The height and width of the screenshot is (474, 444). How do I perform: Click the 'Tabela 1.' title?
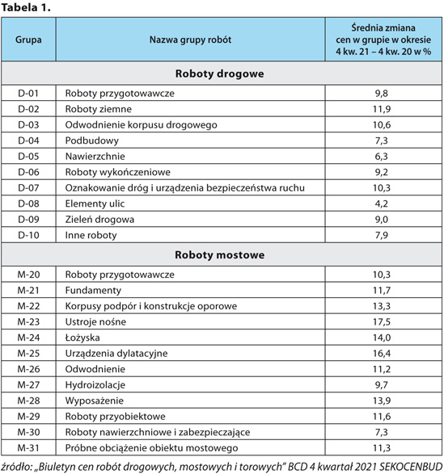tap(25, 8)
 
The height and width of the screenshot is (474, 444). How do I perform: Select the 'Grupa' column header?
tap(28, 40)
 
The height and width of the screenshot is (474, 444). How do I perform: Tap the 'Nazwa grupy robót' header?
tap(190, 40)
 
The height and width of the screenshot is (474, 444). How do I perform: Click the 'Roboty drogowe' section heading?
tap(220, 73)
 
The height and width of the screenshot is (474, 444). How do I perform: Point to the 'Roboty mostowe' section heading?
tap(220, 255)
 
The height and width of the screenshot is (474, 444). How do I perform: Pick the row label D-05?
tap(28, 157)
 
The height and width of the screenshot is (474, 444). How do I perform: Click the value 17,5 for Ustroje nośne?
tap(382, 321)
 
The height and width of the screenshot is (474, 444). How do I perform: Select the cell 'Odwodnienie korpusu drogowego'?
tap(142, 125)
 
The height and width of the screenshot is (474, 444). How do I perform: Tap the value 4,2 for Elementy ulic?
tap(382, 203)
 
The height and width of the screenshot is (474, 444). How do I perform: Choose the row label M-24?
tap(28, 338)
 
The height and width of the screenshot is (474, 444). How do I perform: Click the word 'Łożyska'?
tap(82, 338)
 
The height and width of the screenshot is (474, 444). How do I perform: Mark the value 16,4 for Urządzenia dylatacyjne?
tap(382, 353)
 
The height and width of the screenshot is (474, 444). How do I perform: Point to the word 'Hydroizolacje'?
tap(95, 385)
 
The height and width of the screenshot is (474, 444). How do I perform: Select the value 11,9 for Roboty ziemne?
tap(382, 109)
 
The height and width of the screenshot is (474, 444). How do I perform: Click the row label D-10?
tap(28, 235)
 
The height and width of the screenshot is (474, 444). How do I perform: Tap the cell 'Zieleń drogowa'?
tap(99, 220)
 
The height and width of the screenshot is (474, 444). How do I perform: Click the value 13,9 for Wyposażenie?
tap(382, 401)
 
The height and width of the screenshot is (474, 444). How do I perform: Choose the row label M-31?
tap(28, 447)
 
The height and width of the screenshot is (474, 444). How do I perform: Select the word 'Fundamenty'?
tap(93, 291)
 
